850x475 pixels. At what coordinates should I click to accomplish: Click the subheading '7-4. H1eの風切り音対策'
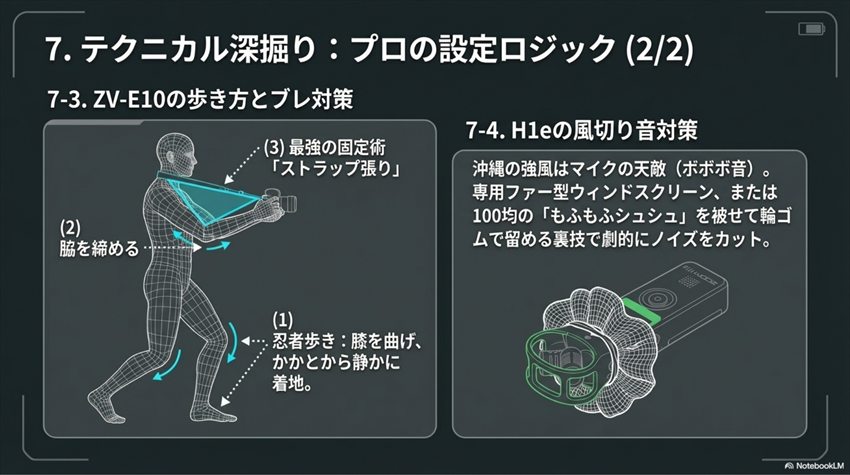click(x=580, y=131)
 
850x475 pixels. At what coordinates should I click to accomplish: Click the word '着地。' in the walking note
click(x=297, y=382)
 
